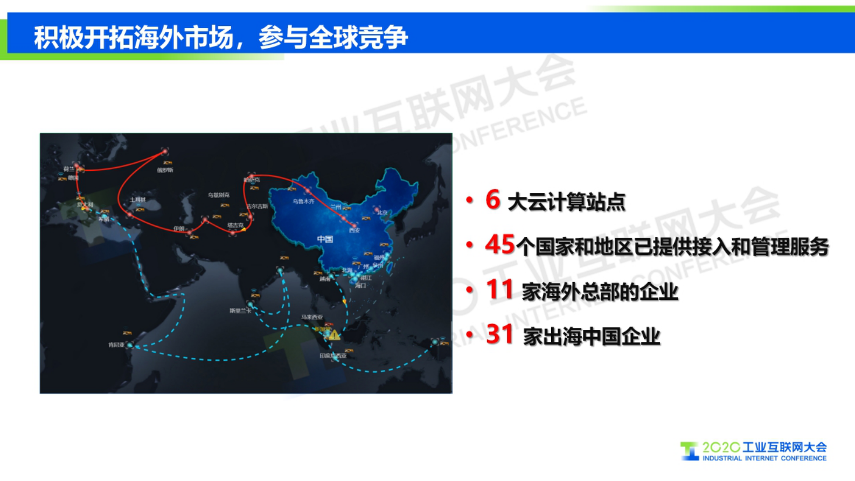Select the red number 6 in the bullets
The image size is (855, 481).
[x=492, y=200]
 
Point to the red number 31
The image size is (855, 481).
[x=499, y=334]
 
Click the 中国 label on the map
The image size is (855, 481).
[x=324, y=239]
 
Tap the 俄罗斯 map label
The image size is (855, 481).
[x=165, y=170]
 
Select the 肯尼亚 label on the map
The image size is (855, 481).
[x=116, y=345]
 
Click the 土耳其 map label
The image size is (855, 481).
[x=137, y=200]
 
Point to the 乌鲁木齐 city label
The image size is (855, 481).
[x=303, y=202]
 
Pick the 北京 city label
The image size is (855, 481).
[x=382, y=213]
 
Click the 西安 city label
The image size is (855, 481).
[x=354, y=231]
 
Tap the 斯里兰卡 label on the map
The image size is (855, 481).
[x=240, y=311]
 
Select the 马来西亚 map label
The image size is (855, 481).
[x=312, y=317]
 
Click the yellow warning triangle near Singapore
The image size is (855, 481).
[x=334, y=335]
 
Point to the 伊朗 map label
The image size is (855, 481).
[x=179, y=229]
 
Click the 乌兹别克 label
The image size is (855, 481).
[x=218, y=195]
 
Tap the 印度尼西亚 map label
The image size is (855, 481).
[x=332, y=356]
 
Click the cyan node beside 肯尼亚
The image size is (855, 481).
[x=129, y=345]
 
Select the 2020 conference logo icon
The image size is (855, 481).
[x=689, y=451]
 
